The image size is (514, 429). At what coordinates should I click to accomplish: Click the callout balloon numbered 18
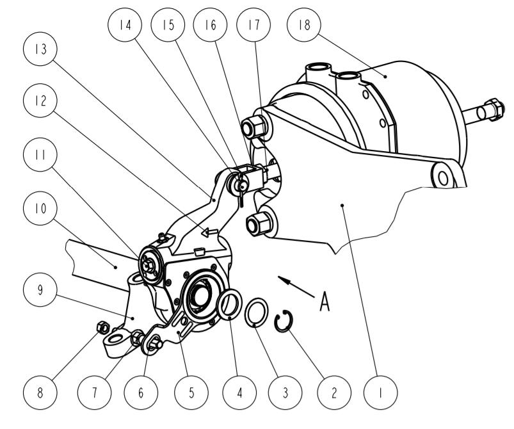click(304, 24)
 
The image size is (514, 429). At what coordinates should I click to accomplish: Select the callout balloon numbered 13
click(40, 49)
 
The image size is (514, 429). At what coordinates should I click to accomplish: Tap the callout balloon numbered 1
click(381, 393)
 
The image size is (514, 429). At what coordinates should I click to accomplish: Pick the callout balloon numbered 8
click(40, 393)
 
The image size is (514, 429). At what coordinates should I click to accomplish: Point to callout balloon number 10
click(40, 208)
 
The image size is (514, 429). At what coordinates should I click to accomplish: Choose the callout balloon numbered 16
click(210, 24)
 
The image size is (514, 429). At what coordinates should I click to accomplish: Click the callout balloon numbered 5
click(191, 393)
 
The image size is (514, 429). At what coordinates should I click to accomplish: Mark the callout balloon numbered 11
click(40, 154)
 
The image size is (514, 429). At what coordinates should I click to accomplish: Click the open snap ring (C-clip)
click(284, 321)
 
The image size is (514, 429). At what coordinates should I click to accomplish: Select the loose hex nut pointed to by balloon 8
click(102, 327)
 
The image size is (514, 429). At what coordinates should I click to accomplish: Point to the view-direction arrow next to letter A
click(296, 287)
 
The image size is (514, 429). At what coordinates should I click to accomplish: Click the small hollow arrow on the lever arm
click(210, 232)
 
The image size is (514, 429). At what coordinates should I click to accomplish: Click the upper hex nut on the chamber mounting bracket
click(253, 126)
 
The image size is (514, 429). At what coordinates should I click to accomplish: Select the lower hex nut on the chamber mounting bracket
click(259, 223)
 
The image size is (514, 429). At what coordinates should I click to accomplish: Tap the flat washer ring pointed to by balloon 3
click(256, 312)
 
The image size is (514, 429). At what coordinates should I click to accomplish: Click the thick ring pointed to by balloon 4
click(230, 304)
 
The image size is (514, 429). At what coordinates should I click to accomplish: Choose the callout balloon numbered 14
click(125, 24)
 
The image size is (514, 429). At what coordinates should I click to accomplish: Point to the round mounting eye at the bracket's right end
click(442, 178)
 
